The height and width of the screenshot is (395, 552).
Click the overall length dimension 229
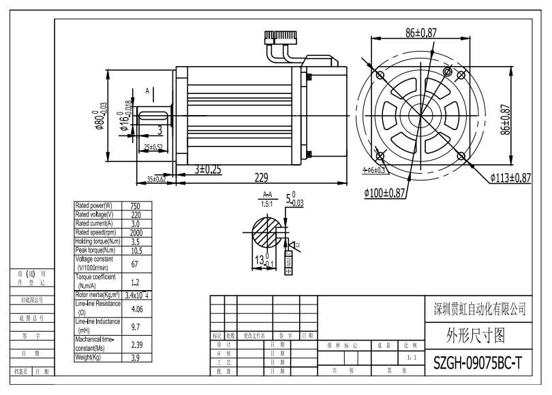pos(261,177)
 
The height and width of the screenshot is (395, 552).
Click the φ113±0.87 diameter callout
pos(510,178)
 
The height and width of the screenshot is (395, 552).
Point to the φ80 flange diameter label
pos(102,110)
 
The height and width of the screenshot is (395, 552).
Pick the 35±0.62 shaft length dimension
pos(157,179)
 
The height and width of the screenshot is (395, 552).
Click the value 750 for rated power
pos(135,206)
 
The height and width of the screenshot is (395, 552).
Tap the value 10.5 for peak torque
pos(135,250)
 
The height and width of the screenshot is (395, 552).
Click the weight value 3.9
pos(135,357)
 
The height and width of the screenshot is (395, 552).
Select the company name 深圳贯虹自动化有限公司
pos(480,309)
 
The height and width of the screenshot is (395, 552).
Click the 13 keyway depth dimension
pos(261,259)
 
